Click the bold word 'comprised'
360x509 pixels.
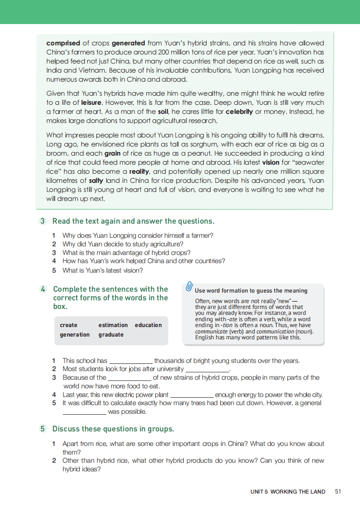pyautogui.click(x=63, y=43)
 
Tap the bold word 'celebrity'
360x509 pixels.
pyautogui.click(x=239, y=112)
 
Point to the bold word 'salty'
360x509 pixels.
pyautogui.click(x=96, y=180)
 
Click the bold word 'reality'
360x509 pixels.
pyautogui.click(x=139, y=171)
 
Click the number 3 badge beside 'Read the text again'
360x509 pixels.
pyautogui.click(x=43, y=221)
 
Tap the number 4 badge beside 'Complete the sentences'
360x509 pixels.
pyautogui.click(x=43, y=289)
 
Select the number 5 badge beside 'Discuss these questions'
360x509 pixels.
pyautogui.click(x=43, y=429)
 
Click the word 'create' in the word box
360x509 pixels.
pyautogui.click(x=69, y=325)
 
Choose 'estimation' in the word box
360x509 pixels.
pyautogui.click(x=113, y=325)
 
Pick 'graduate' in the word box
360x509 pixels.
pyautogui.click(x=111, y=335)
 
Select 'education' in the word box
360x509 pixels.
pyautogui.click(x=148, y=325)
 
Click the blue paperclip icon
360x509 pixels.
pyautogui.click(x=189, y=287)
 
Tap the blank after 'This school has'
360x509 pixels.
pyautogui.click(x=131, y=361)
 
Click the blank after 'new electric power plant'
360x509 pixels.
pyautogui.click(x=192, y=395)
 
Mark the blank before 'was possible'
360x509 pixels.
pyautogui.click(x=84, y=412)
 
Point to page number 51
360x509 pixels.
pyautogui.click(x=338, y=491)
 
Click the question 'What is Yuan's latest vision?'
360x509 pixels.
pyautogui.click(x=103, y=270)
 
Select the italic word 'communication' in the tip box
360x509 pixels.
pyautogui.click(x=276, y=332)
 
